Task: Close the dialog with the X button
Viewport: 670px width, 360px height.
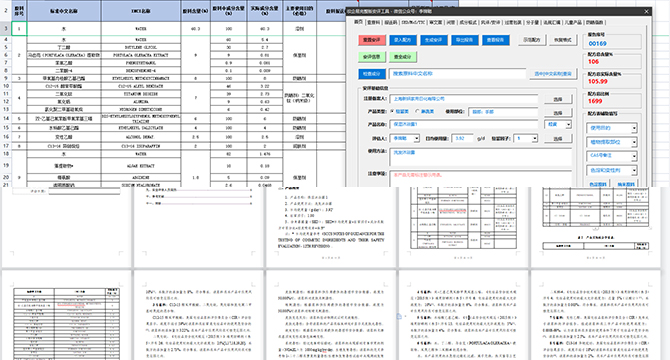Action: tap(659, 8)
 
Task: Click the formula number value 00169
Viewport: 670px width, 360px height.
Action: tap(597, 44)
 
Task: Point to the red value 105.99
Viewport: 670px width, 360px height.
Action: tap(599, 81)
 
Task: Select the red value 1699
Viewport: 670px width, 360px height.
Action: tap(596, 100)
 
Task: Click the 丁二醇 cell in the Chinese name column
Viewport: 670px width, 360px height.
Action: tap(62, 46)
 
